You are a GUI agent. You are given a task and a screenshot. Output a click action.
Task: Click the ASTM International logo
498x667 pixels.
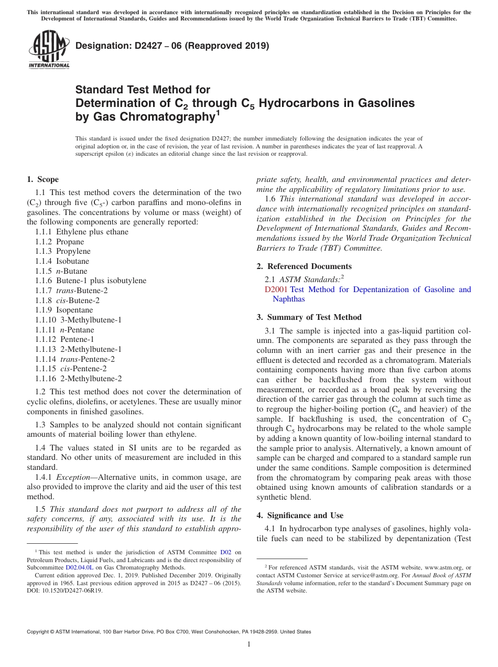point(49,49)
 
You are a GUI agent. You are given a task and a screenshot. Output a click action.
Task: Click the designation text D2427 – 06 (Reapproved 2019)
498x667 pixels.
point(172,46)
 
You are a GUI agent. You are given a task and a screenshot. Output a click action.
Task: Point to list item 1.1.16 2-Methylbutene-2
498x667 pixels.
point(78,378)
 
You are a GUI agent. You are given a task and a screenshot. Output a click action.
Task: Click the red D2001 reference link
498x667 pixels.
point(276,289)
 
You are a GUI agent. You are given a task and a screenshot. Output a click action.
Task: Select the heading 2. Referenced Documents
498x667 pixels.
point(304,266)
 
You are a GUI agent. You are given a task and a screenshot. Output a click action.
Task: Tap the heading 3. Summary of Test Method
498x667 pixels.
point(309,317)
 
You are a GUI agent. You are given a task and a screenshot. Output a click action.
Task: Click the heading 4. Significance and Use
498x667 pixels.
point(300,515)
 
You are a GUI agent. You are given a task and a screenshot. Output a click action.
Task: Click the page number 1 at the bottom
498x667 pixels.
point(249,644)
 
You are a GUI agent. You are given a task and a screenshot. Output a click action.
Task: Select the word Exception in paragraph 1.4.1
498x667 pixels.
point(73,477)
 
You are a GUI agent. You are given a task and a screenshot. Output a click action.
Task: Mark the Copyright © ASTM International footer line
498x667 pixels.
point(169,632)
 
